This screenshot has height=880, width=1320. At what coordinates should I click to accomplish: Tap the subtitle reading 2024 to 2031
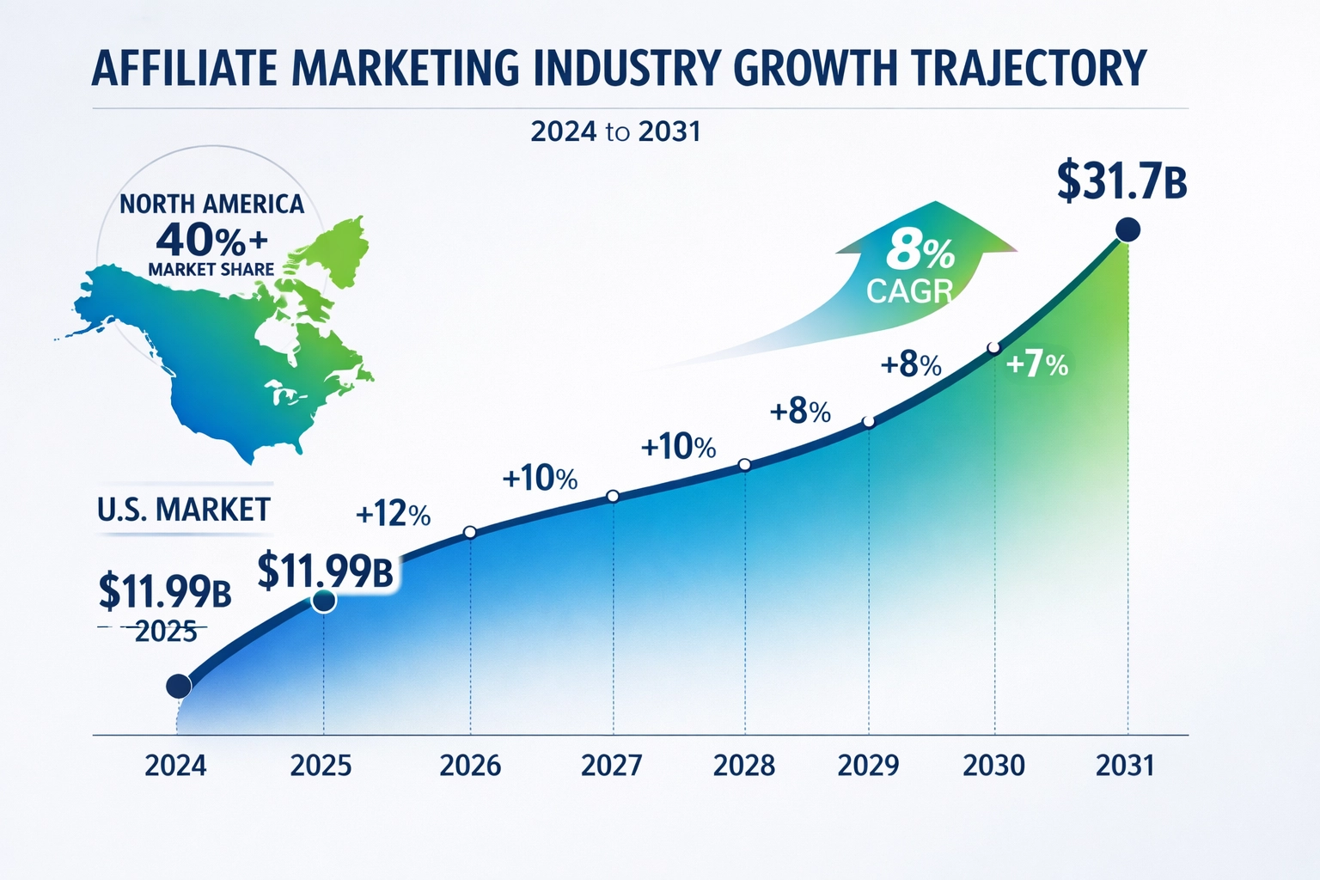point(615,131)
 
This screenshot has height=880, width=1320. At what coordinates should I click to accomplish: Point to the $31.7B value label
point(1121,181)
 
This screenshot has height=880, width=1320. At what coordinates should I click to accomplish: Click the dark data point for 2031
point(1127,229)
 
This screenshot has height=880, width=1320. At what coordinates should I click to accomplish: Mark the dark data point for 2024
point(178,686)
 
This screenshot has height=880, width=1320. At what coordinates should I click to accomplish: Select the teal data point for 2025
point(324,601)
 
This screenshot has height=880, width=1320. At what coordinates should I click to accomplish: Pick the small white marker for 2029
point(868,422)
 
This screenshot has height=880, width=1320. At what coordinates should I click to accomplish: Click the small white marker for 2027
point(613,496)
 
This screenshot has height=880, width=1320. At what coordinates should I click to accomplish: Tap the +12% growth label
point(393,514)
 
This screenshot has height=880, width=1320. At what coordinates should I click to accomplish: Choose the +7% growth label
point(1036,364)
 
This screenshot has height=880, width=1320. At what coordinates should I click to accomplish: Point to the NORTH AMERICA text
point(211,205)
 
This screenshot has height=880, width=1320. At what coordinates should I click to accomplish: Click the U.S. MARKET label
point(184,510)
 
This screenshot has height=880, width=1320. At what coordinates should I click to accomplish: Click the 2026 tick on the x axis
point(470,765)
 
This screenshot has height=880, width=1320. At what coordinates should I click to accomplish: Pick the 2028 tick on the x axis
point(744,765)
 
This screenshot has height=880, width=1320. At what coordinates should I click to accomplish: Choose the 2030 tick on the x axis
point(993,765)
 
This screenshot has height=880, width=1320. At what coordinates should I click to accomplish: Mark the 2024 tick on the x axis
point(176,765)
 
